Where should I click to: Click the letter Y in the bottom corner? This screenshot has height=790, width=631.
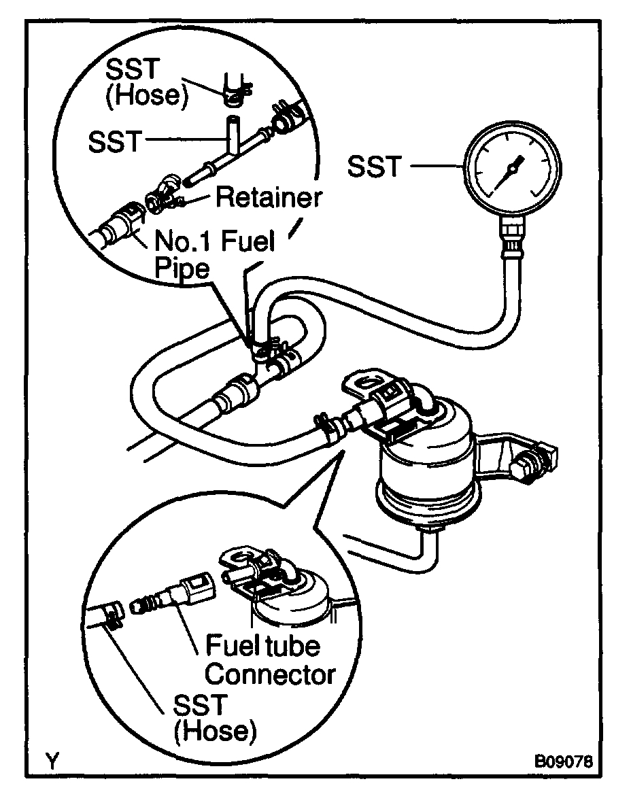(x=51, y=759)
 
